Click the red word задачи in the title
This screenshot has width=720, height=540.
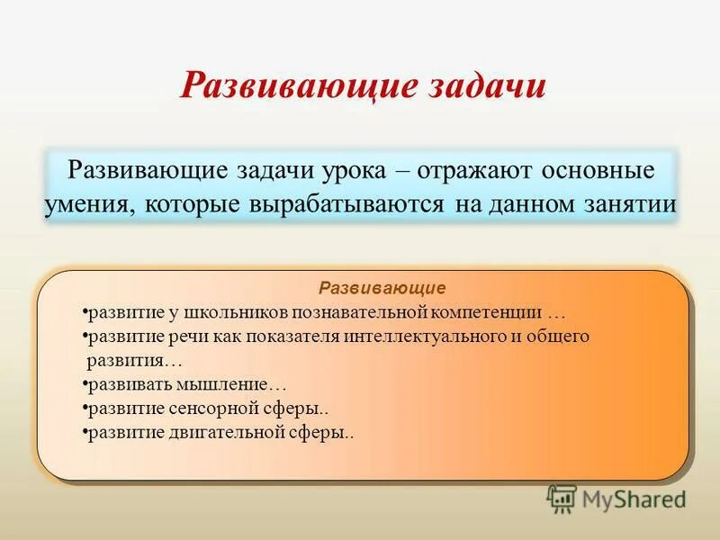(x=487, y=86)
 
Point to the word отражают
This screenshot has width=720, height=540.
(x=474, y=171)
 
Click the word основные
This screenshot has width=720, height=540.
(x=598, y=170)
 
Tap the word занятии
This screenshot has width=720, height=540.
(x=630, y=204)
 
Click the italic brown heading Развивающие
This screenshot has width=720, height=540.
(x=382, y=288)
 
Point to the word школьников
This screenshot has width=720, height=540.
(x=236, y=312)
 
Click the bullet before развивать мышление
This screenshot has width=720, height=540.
(x=85, y=382)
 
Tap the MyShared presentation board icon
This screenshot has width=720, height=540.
(x=562, y=499)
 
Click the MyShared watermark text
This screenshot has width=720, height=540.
(x=634, y=499)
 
